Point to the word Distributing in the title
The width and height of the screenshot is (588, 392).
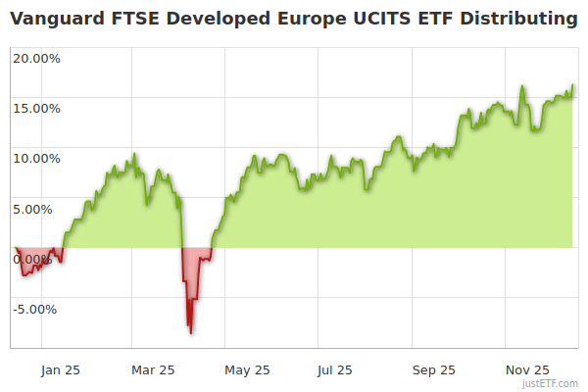[x=520, y=19]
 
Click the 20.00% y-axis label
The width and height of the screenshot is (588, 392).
[x=36, y=57]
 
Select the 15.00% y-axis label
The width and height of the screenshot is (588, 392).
[x=36, y=108]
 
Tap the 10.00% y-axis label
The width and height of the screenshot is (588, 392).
[x=36, y=158]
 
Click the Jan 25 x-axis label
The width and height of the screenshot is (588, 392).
[x=60, y=370]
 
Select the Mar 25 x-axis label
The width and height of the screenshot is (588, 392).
[x=153, y=370]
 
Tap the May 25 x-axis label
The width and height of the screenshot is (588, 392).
[x=247, y=370]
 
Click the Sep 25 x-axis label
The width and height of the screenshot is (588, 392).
[x=433, y=370]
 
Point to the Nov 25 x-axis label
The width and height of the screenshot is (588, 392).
[x=527, y=370]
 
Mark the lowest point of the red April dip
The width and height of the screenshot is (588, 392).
[x=191, y=333]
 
